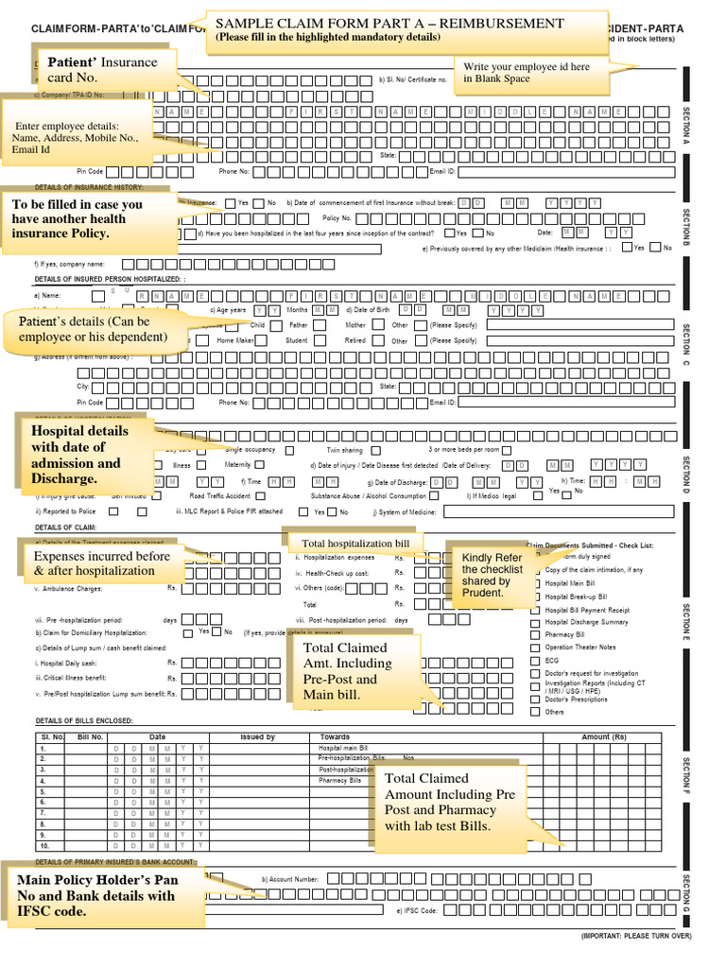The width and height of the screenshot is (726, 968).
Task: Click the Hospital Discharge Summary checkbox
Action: click(535, 622)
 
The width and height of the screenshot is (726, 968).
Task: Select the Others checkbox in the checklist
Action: click(535, 712)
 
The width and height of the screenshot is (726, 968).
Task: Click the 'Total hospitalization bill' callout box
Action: click(354, 544)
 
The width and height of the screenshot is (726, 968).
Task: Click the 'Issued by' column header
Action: click(257, 736)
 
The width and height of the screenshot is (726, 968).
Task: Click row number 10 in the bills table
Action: click(43, 846)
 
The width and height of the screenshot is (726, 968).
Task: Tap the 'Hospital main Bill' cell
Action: click(340, 748)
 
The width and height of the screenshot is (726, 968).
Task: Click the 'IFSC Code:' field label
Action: click(416, 910)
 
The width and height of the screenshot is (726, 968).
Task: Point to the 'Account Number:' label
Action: click(292, 879)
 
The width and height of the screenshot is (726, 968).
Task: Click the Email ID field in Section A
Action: click(566, 172)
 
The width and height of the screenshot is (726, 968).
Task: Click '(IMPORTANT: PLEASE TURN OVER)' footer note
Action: click(635, 936)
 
